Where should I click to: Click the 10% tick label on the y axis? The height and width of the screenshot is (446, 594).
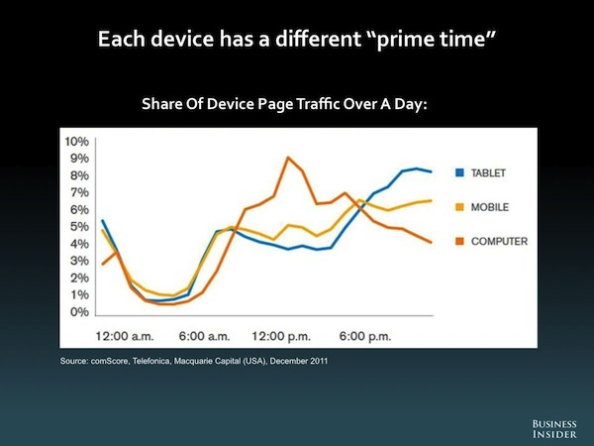77,142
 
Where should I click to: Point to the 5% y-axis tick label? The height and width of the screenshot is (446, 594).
79,227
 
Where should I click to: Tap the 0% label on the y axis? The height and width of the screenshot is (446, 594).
79,312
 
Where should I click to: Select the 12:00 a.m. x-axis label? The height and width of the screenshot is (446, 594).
125,336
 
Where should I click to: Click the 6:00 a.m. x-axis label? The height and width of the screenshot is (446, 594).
205,336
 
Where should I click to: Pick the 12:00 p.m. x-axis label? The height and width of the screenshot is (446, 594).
281,336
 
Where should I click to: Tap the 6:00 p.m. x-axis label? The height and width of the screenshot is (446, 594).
365,336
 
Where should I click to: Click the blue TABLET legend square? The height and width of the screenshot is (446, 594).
459,172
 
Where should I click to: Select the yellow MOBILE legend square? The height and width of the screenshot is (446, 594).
459,207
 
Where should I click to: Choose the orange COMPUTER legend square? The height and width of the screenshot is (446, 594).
459,241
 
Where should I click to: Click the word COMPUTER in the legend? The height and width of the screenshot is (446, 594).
499,241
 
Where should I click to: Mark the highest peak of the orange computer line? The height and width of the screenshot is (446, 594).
288,158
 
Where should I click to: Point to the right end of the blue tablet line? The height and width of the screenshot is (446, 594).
431,171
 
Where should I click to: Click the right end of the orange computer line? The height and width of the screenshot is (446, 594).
431,243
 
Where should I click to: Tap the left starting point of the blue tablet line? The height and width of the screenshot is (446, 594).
102,220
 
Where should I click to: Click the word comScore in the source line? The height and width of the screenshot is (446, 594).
110,361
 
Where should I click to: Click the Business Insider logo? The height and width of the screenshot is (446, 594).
554,429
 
